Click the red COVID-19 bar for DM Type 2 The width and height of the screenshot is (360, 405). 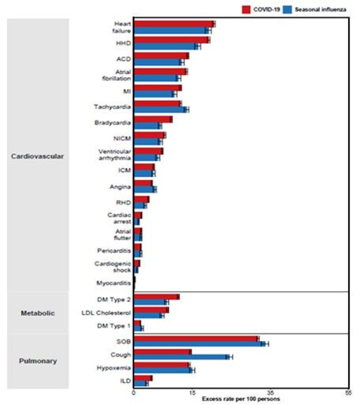[x=156, y=297]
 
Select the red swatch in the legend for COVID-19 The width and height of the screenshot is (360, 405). [x=246, y=9]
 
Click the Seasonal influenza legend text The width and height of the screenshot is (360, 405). [x=321, y=9]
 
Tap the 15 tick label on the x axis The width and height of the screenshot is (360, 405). [x=192, y=393]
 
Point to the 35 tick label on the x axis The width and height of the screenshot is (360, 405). [x=270, y=393]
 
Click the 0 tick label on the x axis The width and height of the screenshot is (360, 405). [x=133, y=393]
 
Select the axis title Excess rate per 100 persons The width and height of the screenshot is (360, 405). [x=241, y=399]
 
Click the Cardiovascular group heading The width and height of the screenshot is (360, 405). [x=38, y=156]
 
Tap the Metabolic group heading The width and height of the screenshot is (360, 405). [x=38, y=313]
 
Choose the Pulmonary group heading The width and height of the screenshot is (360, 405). [x=38, y=361]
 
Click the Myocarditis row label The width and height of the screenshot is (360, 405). [x=114, y=283]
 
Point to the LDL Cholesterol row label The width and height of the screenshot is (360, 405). [x=106, y=313]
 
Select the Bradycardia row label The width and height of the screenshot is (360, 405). [x=113, y=122]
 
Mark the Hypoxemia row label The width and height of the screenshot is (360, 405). [x=114, y=368]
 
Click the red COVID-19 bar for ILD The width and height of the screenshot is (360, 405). [x=143, y=378]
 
